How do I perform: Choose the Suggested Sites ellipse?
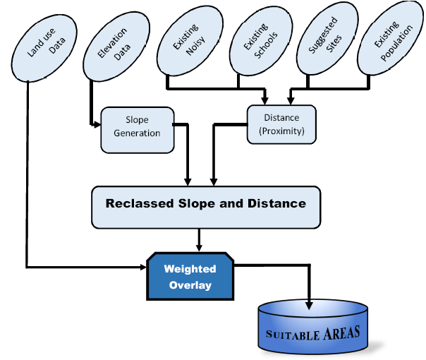(325, 43)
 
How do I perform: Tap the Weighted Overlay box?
(190, 277)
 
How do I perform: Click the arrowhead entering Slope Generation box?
(97, 126)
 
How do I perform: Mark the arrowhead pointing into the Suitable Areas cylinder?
(308, 305)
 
